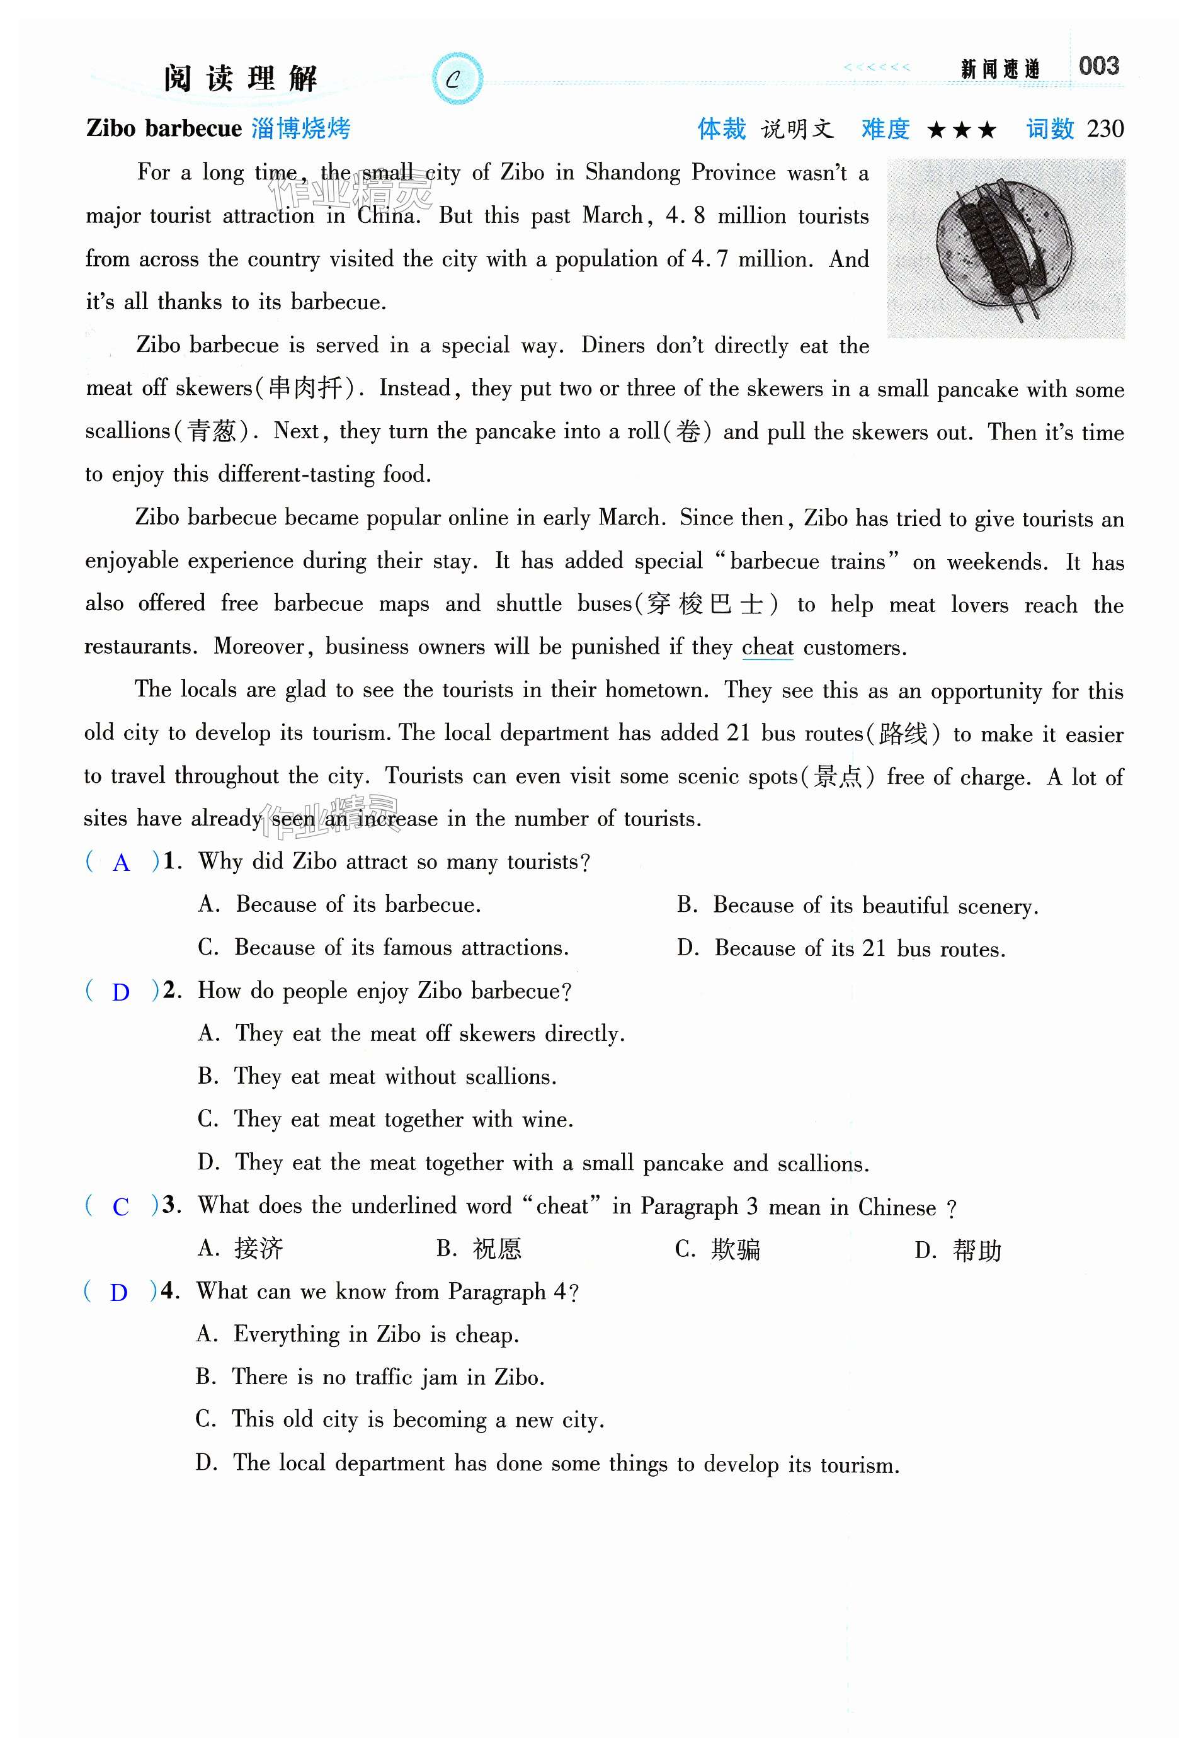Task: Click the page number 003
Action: pyautogui.click(x=1098, y=67)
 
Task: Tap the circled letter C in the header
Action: pyautogui.click(x=455, y=79)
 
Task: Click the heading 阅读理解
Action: pyautogui.click(x=240, y=79)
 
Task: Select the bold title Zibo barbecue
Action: pyautogui.click(x=164, y=128)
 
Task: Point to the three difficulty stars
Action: pyautogui.click(x=961, y=130)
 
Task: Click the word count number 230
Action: pyautogui.click(x=1105, y=129)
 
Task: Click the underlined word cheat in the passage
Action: pyautogui.click(x=767, y=647)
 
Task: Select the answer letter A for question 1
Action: pyautogui.click(x=121, y=863)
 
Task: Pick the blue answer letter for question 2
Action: pyautogui.click(x=121, y=992)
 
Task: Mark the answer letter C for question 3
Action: pyautogui.click(x=121, y=1207)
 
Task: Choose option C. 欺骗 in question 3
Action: pyautogui.click(x=717, y=1250)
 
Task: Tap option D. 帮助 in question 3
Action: pyautogui.click(x=957, y=1251)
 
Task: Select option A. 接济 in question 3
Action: pyautogui.click(x=240, y=1248)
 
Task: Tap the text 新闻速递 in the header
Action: pyautogui.click(x=999, y=69)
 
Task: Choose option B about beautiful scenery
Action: pyautogui.click(x=857, y=906)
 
